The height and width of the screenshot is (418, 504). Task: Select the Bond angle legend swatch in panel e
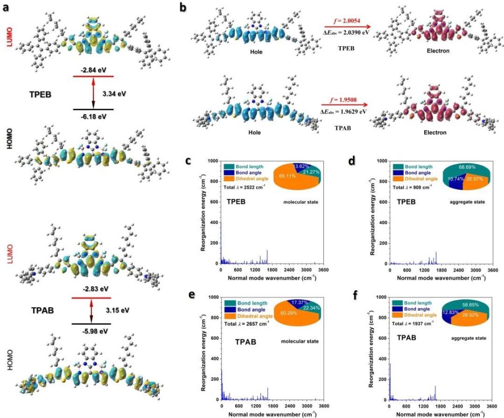229,311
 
